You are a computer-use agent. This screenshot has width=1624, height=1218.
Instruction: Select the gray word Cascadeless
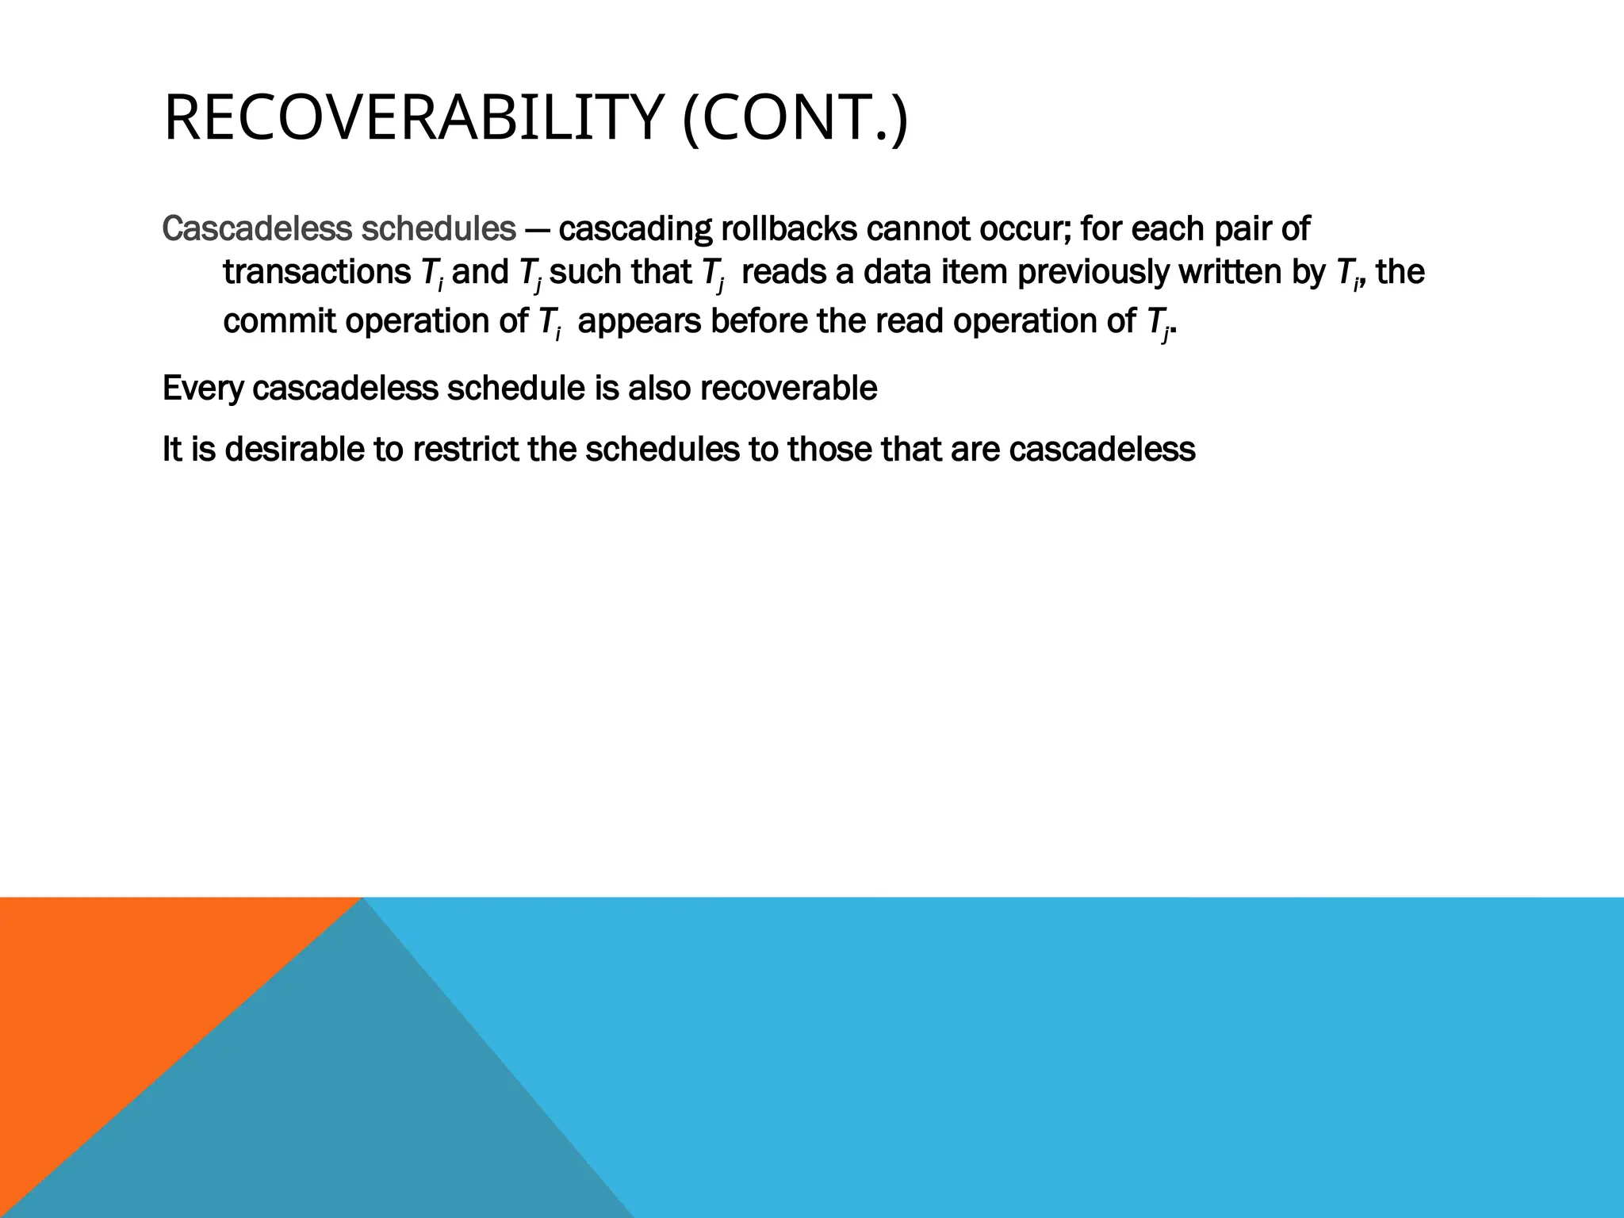click(x=257, y=229)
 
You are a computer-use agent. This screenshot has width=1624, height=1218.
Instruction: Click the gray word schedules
click(x=439, y=229)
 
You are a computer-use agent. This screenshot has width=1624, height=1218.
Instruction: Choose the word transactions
click(x=316, y=273)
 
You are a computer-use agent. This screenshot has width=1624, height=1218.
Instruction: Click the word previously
click(x=1093, y=273)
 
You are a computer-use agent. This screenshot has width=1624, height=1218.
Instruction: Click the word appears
click(x=639, y=322)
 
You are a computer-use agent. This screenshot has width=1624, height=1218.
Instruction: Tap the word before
click(x=758, y=322)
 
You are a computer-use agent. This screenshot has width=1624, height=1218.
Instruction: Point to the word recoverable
click(x=788, y=389)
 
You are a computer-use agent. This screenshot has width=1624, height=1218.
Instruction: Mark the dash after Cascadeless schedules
click(x=537, y=230)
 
